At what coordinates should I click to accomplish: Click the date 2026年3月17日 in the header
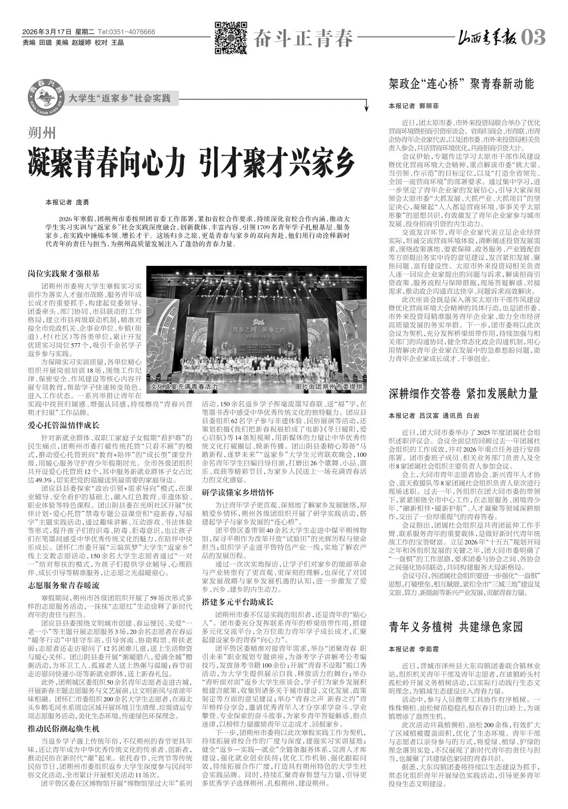pos(47,32)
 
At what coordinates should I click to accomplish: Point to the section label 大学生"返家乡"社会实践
pos(119,97)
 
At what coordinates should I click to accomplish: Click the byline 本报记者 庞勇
pos(67,202)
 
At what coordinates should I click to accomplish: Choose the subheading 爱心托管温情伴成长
pos(63,425)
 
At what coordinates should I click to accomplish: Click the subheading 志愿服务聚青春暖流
pos(63,585)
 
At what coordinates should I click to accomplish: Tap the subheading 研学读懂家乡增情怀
pos(238,492)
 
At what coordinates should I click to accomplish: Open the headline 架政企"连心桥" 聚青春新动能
pos(461,84)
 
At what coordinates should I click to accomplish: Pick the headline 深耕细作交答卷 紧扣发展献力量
pos(463,394)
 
